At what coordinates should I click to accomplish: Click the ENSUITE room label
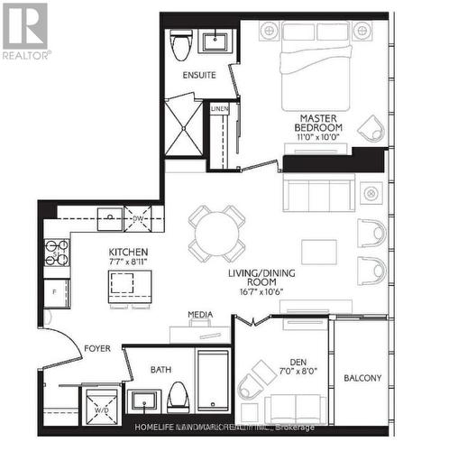(x=199, y=75)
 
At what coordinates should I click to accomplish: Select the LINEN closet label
(x=219, y=109)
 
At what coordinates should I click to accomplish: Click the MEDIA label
(x=200, y=314)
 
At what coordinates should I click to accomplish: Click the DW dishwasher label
(x=138, y=217)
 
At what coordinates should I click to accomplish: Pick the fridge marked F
(x=55, y=292)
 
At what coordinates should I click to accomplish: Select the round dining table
(x=216, y=233)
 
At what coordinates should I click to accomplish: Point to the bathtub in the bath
(x=214, y=379)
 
